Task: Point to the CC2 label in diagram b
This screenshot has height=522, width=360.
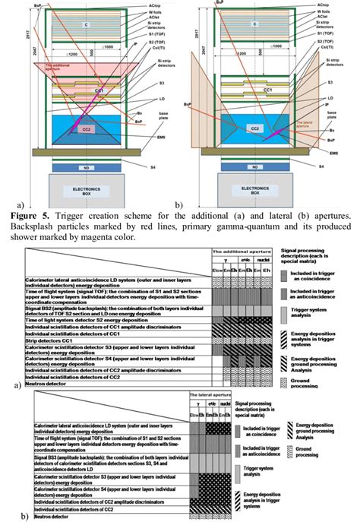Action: coord(254,130)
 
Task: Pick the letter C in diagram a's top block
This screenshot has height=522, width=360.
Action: coord(85,24)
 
